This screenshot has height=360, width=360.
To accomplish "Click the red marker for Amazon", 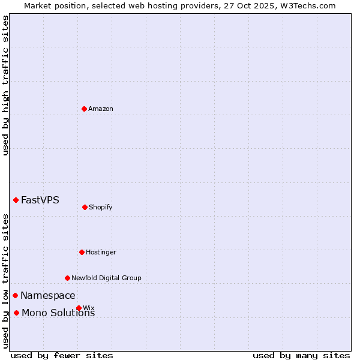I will tap(84, 109).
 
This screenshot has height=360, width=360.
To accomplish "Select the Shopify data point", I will tap(85, 207).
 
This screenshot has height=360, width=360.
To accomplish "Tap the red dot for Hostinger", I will tap(82, 252).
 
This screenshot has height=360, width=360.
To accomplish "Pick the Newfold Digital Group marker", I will tap(67, 278).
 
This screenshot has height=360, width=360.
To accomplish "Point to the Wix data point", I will tap(79, 308).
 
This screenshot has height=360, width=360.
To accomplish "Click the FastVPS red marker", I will tap(16, 200).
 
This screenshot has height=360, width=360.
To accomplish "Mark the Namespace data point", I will tap(15, 295).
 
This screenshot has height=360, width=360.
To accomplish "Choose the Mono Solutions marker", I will tap(16, 313).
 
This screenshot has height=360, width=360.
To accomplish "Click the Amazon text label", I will tap(101, 109).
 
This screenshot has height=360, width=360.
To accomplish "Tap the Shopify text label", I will tap(101, 207).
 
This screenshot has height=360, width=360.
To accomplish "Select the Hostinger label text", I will tap(101, 252).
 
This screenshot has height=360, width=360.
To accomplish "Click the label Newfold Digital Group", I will tap(106, 278).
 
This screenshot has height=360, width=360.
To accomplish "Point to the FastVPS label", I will tap(40, 200).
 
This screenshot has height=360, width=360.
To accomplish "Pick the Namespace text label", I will tap(48, 295).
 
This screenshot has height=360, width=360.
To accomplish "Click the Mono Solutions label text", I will tap(58, 313).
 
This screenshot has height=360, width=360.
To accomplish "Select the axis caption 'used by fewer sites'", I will tap(62, 355).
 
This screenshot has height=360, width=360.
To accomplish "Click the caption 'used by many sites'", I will tap(301, 355).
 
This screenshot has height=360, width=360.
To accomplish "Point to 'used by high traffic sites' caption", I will tap(5, 85).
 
